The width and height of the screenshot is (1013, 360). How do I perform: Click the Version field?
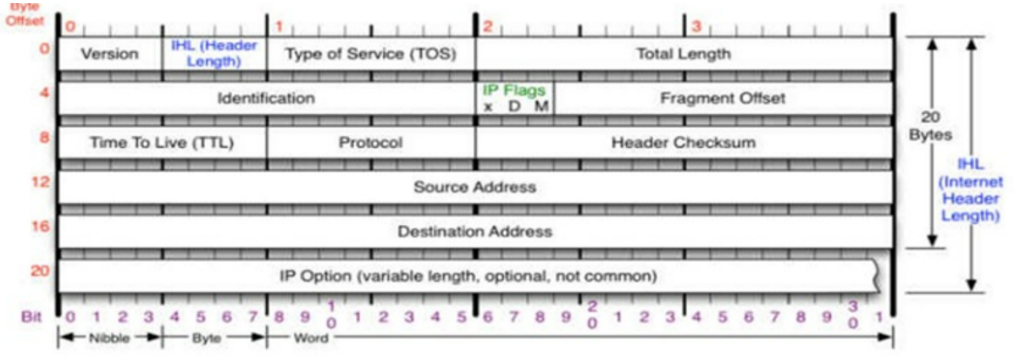110,54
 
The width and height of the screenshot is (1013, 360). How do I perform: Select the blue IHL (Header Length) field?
214,53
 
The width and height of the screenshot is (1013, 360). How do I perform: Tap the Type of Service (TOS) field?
371,54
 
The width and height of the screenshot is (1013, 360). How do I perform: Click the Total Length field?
684,54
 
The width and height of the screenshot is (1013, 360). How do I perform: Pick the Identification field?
266,98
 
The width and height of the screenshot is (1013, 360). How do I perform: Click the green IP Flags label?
514,90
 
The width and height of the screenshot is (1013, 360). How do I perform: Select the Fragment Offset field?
723,98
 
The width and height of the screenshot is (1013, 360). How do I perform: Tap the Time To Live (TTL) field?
162,143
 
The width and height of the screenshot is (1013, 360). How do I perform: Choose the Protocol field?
370,143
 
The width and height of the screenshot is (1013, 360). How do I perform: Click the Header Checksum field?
683,143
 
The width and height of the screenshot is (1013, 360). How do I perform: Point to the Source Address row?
474,188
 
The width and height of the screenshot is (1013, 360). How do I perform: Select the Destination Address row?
474,232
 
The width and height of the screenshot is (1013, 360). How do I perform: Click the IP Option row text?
469,277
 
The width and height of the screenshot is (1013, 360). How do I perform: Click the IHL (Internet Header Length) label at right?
969,190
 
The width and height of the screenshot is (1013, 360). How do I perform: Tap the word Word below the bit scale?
311,339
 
